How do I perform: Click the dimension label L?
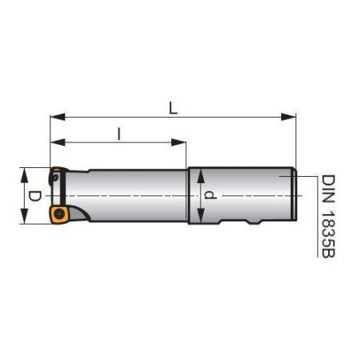tap(173, 108)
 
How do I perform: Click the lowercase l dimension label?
tap(119, 134)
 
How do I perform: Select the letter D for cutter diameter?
tap(35, 196)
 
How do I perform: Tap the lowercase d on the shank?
tap(210, 195)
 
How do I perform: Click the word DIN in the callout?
tap(328, 189)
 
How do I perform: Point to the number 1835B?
tap(328, 234)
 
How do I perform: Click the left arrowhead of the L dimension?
tap(58, 117)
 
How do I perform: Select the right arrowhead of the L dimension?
tap(288, 117)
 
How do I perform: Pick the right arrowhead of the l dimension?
tap(178, 143)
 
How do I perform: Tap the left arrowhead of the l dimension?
tap(58, 143)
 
